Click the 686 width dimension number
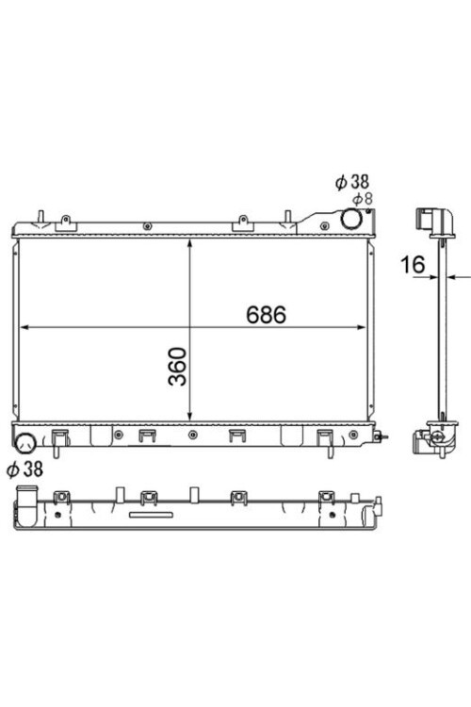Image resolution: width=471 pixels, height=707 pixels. coord(266,315)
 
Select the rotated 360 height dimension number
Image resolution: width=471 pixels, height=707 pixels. coord(178,366)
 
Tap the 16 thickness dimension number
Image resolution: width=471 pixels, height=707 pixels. coord(413,265)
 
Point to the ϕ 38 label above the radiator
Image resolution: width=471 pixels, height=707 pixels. coord(352,182)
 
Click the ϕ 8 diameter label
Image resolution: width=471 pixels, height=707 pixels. coord(363,198)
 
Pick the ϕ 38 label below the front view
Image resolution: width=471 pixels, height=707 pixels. coord(24,469)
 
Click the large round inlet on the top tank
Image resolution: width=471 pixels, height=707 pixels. coord(351,219)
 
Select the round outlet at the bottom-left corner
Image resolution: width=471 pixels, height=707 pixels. coord(25,443)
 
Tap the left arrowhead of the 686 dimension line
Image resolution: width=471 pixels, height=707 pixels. coord(25,327)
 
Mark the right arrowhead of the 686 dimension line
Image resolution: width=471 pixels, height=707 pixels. coord(361,327)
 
